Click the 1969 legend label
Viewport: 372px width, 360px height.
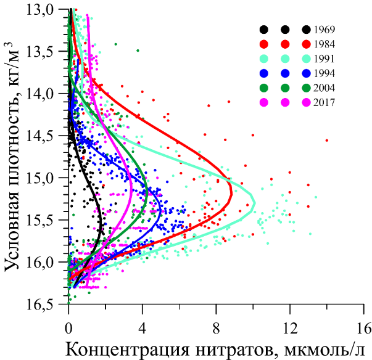[x=324, y=30]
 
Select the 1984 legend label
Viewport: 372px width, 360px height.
[x=324, y=44]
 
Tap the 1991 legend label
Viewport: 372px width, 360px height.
[x=324, y=59]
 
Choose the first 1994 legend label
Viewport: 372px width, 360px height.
[x=324, y=73]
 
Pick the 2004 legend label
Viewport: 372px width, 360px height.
[x=324, y=88]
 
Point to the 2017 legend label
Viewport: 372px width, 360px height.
[x=324, y=102]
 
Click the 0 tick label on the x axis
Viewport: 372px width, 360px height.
[x=68, y=325]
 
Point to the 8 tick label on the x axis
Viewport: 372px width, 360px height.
[x=217, y=325]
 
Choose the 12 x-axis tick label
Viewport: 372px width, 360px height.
[x=291, y=325]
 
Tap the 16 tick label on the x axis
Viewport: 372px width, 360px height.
[x=365, y=325]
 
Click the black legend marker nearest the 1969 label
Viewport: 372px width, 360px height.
[x=306, y=30]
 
